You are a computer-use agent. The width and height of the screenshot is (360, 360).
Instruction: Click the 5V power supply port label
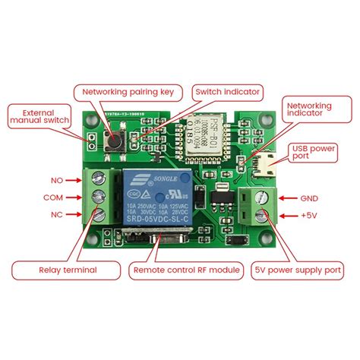coord(298,269)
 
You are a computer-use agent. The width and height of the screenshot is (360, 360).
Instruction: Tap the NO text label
coord(55,181)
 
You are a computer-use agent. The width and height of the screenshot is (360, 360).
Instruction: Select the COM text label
coord(51,197)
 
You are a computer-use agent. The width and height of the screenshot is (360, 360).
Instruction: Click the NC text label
coord(55,215)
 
